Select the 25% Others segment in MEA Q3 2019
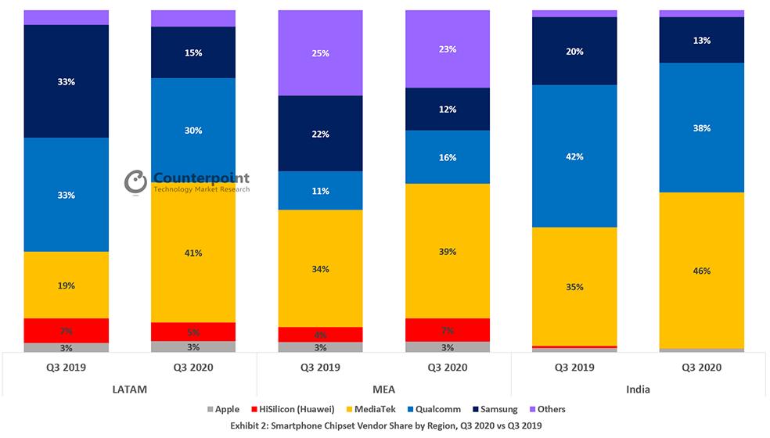click(321, 53)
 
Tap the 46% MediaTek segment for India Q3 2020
click(702, 271)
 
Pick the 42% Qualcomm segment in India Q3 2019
click(574, 156)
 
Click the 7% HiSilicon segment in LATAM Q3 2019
click(67, 330)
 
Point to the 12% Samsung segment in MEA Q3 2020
click(448, 109)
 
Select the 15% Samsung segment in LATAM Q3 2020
click(193, 52)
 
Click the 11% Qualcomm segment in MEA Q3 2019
click(321, 191)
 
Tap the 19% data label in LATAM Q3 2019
click(67, 285)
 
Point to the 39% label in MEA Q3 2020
click(448, 252)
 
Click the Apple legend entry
click(222, 409)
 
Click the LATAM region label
click(130, 389)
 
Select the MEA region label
click(384, 389)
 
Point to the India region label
click(638, 389)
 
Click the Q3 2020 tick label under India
click(702, 367)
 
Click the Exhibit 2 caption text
click(385, 425)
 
